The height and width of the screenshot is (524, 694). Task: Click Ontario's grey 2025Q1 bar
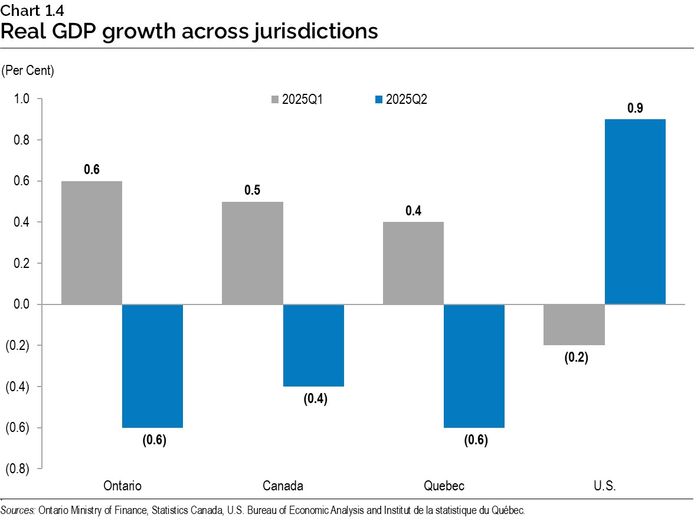(91, 243)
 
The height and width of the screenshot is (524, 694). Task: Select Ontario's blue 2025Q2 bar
(152, 366)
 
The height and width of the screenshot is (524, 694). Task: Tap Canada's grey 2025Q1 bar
(253, 253)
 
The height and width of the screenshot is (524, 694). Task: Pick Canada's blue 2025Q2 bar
(313, 345)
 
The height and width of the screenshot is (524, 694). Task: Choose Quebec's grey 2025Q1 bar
(414, 263)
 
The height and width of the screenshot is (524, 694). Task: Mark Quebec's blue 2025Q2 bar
(474, 366)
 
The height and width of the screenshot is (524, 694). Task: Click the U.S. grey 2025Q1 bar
(575, 325)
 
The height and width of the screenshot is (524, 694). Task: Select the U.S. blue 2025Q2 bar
(636, 212)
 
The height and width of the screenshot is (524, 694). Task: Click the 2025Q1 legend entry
(297, 99)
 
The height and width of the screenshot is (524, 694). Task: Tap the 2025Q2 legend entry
(401, 99)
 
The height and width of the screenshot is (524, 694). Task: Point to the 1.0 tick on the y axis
(21, 99)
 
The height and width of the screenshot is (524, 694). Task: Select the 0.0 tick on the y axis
(21, 304)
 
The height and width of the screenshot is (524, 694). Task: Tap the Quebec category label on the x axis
(444, 486)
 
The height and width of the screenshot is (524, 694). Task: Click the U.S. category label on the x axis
(605, 486)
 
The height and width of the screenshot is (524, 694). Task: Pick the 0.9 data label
(636, 108)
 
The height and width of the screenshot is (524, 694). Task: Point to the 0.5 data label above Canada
(253, 191)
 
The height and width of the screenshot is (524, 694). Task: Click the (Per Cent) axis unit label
(28, 71)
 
